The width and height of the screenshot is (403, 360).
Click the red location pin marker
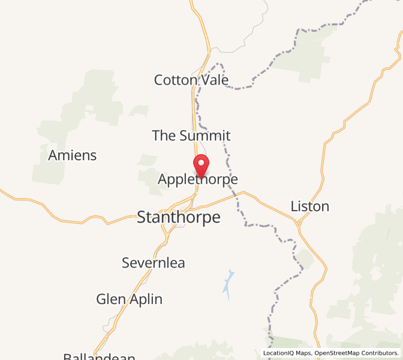pyautogui.click(x=200, y=165)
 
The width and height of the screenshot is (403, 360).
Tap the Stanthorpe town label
pyautogui.click(x=179, y=217)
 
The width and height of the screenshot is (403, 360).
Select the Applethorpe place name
pyautogui.click(x=198, y=179)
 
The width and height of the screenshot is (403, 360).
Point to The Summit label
pyautogui.click(x=191, y=136)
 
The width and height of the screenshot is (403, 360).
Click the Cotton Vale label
pyautogui.click(x=191, y=80)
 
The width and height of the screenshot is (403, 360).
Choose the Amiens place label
pyautogui.click(x=72, y=155)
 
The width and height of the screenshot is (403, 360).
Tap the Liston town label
pyautogui.click(x=309, y=206)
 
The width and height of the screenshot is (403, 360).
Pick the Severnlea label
pyautogui.click(x=154, y=263)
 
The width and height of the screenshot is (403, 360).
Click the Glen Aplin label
pyautogui.click(x=129, y=299)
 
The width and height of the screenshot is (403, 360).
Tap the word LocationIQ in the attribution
pyautogui.click(x=285, y=353)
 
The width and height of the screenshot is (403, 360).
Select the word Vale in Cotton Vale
pyautogui.click(x=215, y=80)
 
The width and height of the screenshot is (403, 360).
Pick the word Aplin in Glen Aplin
pyautogui.click(x=147, y=299)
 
